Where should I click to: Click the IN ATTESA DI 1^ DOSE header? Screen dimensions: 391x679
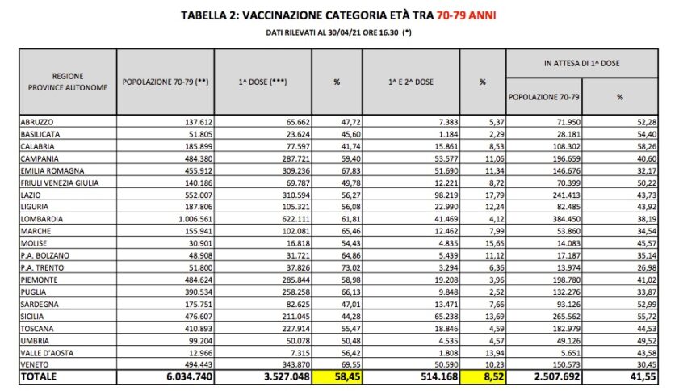586,63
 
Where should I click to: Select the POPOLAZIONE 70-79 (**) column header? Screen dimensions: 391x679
167,82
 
